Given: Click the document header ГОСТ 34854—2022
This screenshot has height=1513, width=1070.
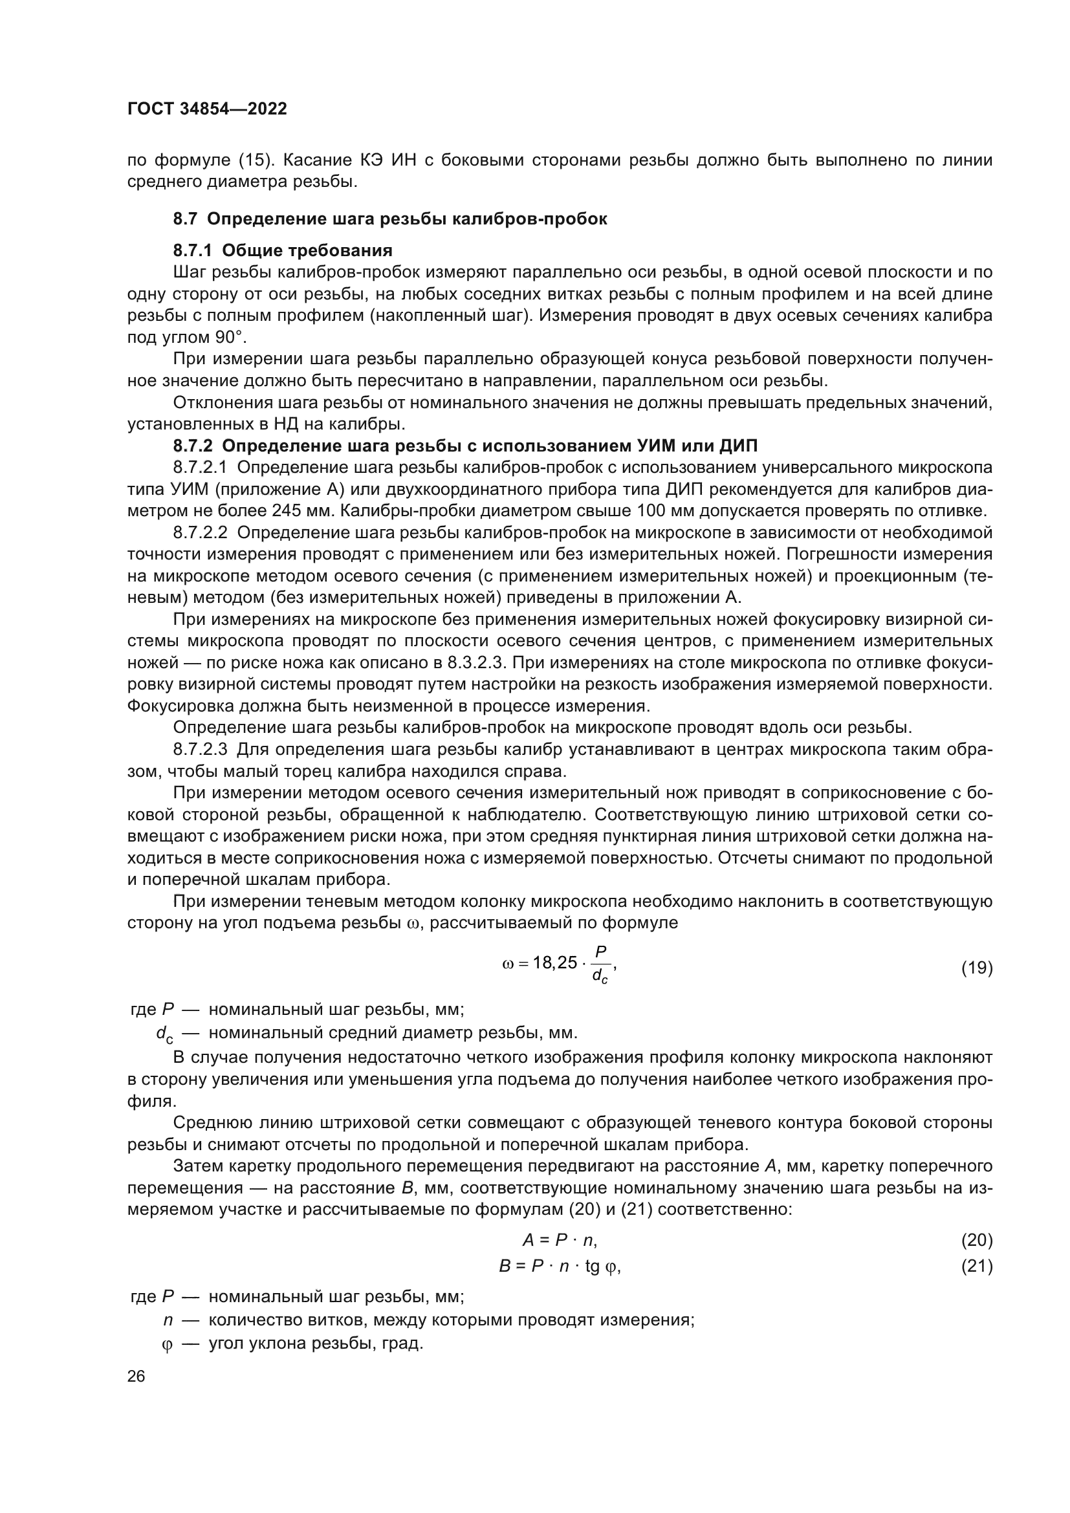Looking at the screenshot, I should point(207,109).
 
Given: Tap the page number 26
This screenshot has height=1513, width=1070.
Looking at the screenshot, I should point(136,1376).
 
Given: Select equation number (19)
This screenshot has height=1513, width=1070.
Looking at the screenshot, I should point(976,968).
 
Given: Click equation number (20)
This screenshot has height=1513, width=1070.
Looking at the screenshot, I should point(976,1240).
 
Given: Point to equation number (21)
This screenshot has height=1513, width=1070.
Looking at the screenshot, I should point(976,1266).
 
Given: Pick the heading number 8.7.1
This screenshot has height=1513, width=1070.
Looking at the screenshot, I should point(194,250).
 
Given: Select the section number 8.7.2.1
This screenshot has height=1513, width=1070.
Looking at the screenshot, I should point(201,468).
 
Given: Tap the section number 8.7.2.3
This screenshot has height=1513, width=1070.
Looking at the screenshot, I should point(201,750).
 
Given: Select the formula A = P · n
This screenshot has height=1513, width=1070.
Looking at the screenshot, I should point(560,1240).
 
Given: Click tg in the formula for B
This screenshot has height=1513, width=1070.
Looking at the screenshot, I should point(593,1266).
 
